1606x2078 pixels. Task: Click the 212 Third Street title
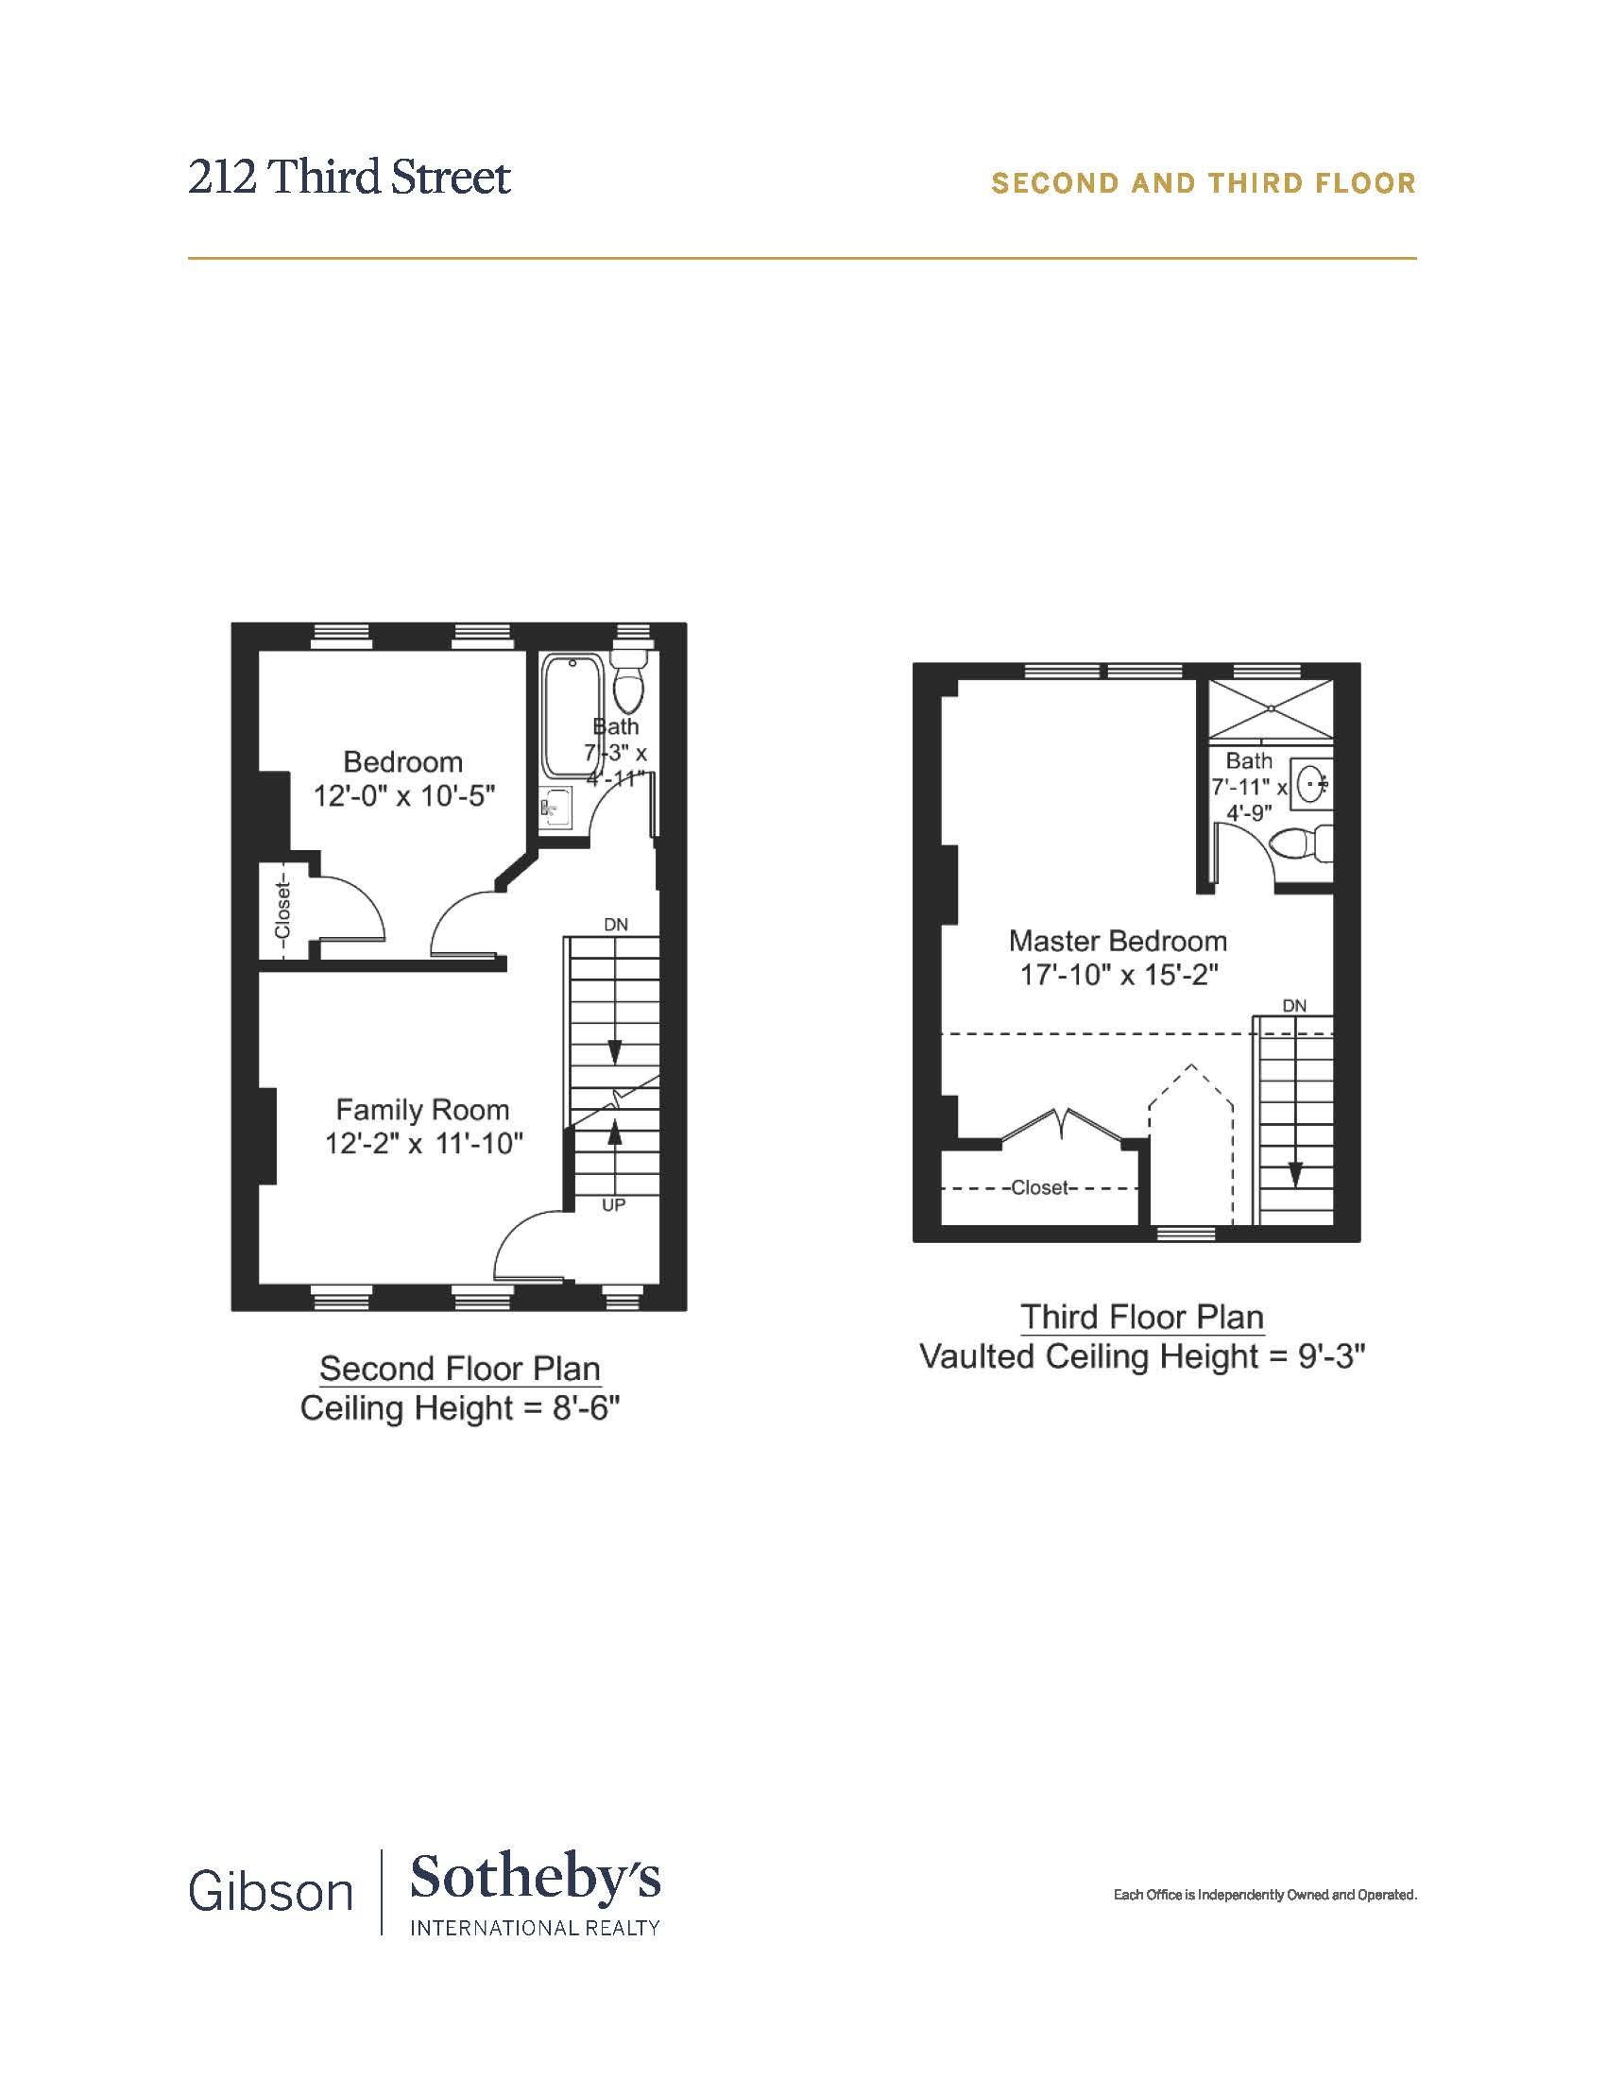pyautogui.click(x=350, y=177)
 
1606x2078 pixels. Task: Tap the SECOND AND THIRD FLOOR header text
pyautogui.click(x=1204, y=182)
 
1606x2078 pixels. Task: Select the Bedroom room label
pyautogui.click(x=403, y=762)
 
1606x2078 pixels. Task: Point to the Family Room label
pyautogui.click(x=422, y=1110)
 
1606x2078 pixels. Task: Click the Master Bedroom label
pyautogui.click(x=1118, y=941)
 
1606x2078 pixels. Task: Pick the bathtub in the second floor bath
pyautogui.click(x=572, y=717)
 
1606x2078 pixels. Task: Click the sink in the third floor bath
pyautogui.click(x=1312, y=784)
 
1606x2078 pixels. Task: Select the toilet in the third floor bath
pyautogui.click(x=1301, y=843)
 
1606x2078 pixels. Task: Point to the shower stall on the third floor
pyautogui.click(x=1270, y=707)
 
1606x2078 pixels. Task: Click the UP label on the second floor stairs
pyautogui.click(x=614, y=1205)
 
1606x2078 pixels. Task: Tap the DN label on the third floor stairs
pyautogui.click(x=1294, y=1006)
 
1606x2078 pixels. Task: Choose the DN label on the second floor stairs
pyautogui.click(x=616, y=925)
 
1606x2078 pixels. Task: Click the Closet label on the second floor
pyautogui.click(x=282, y=911)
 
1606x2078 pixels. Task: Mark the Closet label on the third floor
pyautogui.click(x=1041, y=1187)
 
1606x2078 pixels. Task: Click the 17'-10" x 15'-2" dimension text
pyautogui.click(x=1119, y=976)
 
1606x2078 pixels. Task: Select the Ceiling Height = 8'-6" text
pyautogui.click(x=459, y=1407)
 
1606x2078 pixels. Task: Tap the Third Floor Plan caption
pyautogui.click(x=1142, y=1317)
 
